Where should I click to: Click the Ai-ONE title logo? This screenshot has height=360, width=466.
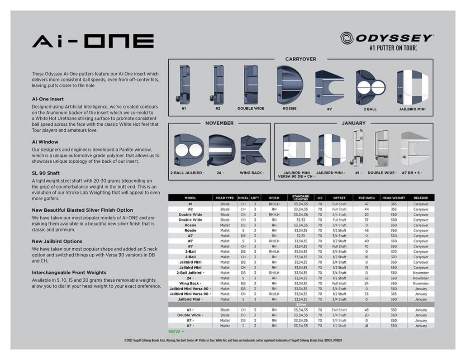point(93,41)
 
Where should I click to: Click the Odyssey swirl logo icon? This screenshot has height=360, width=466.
point(347,38)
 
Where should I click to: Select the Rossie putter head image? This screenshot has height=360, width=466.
point(290,84)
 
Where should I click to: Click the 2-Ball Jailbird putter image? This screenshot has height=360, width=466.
point(189,149)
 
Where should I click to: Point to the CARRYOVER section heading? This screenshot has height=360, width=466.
point(300,59)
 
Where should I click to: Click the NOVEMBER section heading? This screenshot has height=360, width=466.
point(219,123)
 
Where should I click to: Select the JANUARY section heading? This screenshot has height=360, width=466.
point(353,123)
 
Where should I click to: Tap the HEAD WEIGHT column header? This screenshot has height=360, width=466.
point(394,198)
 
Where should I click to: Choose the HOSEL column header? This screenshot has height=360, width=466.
point(243,198)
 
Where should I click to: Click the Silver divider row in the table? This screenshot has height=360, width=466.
point(301,305)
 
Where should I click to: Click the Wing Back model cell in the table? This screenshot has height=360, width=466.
point(190,284)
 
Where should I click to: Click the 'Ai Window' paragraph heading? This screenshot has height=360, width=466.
point(45,142)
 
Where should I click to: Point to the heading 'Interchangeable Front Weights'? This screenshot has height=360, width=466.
point(69,273)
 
